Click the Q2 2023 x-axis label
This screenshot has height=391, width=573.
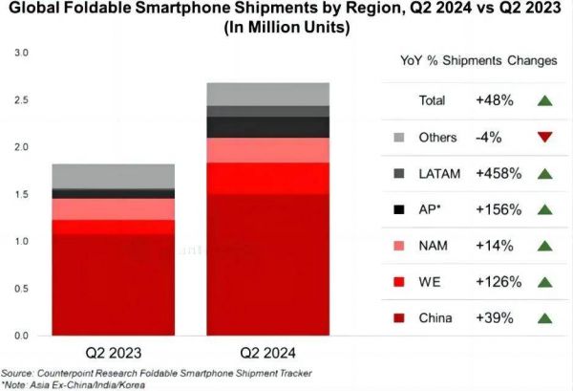[114, 350]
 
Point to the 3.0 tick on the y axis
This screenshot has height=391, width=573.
[21, 52]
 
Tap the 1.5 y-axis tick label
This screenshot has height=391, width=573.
[21, 194]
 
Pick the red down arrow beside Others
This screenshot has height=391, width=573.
[544, 137]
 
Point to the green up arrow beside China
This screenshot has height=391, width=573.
[544, 317]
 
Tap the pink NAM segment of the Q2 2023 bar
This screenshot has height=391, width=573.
[114, 209]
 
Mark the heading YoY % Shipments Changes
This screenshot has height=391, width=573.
[478, 61]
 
